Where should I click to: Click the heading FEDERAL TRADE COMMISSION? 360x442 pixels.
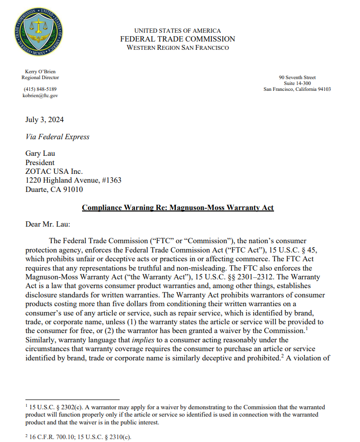coord(177,39)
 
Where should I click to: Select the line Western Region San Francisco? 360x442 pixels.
coord(177,47)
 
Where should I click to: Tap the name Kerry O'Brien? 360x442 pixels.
coord(40,72)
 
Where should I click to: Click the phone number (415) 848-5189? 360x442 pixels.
coord(40,89)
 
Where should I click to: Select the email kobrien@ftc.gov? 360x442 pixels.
coord(41,96)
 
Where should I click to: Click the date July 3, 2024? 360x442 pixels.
coord(44,120)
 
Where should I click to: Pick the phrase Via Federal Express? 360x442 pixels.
coord(57,137)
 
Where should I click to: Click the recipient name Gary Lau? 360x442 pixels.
coord(40,154)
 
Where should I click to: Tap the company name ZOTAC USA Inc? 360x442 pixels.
coord(54,171)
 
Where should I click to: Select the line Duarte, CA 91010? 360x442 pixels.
coord(54,189)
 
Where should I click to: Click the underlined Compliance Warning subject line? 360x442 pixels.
coord(178,208)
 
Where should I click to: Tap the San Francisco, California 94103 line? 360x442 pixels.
coord(297,89)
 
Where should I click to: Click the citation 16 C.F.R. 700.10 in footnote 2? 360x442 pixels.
coord(51,437)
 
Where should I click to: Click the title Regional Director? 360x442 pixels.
coord(40,78)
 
